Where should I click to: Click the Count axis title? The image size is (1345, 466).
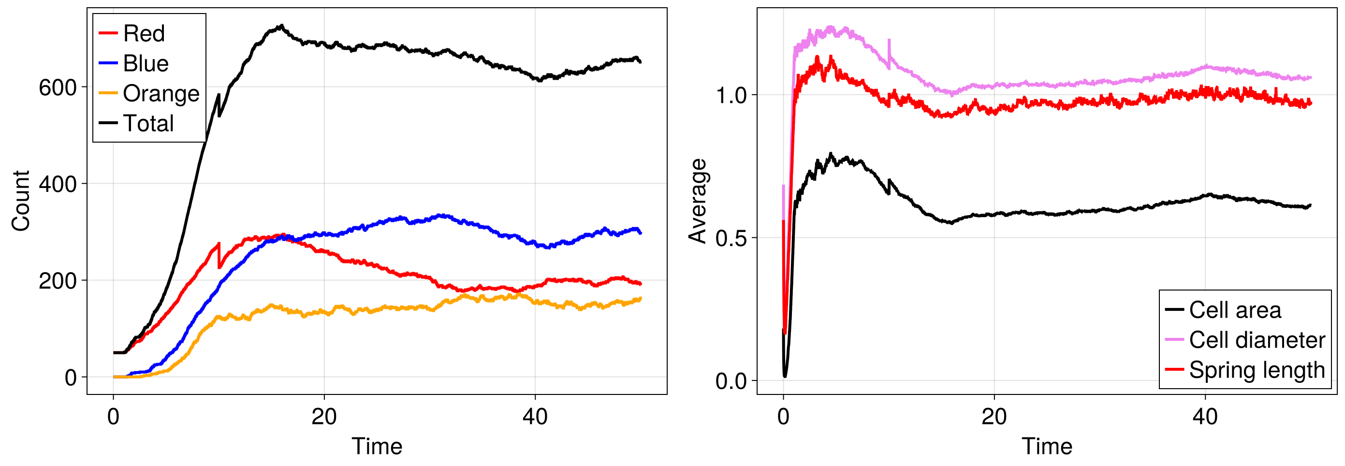(x=21, y=201)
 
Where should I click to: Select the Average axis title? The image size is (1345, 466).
(x=698, y=201)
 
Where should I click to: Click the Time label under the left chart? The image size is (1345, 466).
(x=377, y=446)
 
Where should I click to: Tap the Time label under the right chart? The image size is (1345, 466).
(x=1047, y=446)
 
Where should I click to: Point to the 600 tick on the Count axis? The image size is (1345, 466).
(x=58, y=87)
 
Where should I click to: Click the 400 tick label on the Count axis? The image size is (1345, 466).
(x=58, y=184)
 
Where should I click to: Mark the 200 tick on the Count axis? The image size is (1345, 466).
(x=58, y=281)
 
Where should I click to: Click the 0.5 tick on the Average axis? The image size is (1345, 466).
(x=731, y=238)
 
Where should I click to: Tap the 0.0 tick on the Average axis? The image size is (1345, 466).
(x=731, y=381)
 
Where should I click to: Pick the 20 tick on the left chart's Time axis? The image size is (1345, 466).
(x=324, y=416)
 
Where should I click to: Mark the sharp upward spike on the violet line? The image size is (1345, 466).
(x=889, y=42)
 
